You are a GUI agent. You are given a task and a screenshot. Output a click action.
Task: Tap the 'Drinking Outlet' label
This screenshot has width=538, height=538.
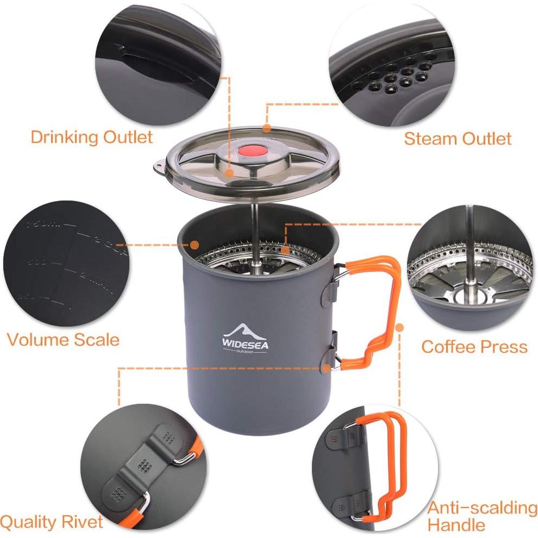pyautogui.click(x=91, y=136)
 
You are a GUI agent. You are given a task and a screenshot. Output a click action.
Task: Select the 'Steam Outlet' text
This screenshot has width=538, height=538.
pyautogui.click(x=458, y=139)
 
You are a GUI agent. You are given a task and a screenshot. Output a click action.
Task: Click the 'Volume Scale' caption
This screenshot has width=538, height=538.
pyautogui.click(x=63, y=340)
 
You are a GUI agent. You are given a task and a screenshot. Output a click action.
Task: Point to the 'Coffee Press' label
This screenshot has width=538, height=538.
pyautogui.click(x=474, y=347)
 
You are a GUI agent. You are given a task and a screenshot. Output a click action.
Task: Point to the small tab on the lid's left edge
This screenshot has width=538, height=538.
pyautogui.click(x=159, y=163)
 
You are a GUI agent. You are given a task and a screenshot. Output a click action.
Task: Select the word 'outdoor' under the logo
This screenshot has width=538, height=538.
pyautogui.click(x=245, y=351)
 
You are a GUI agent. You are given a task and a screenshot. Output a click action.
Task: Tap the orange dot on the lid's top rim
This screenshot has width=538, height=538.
pyautogui.click(x=266, y=128)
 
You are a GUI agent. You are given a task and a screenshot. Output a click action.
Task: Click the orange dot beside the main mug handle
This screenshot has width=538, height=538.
pyautogui.click(x=401, y=328)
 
